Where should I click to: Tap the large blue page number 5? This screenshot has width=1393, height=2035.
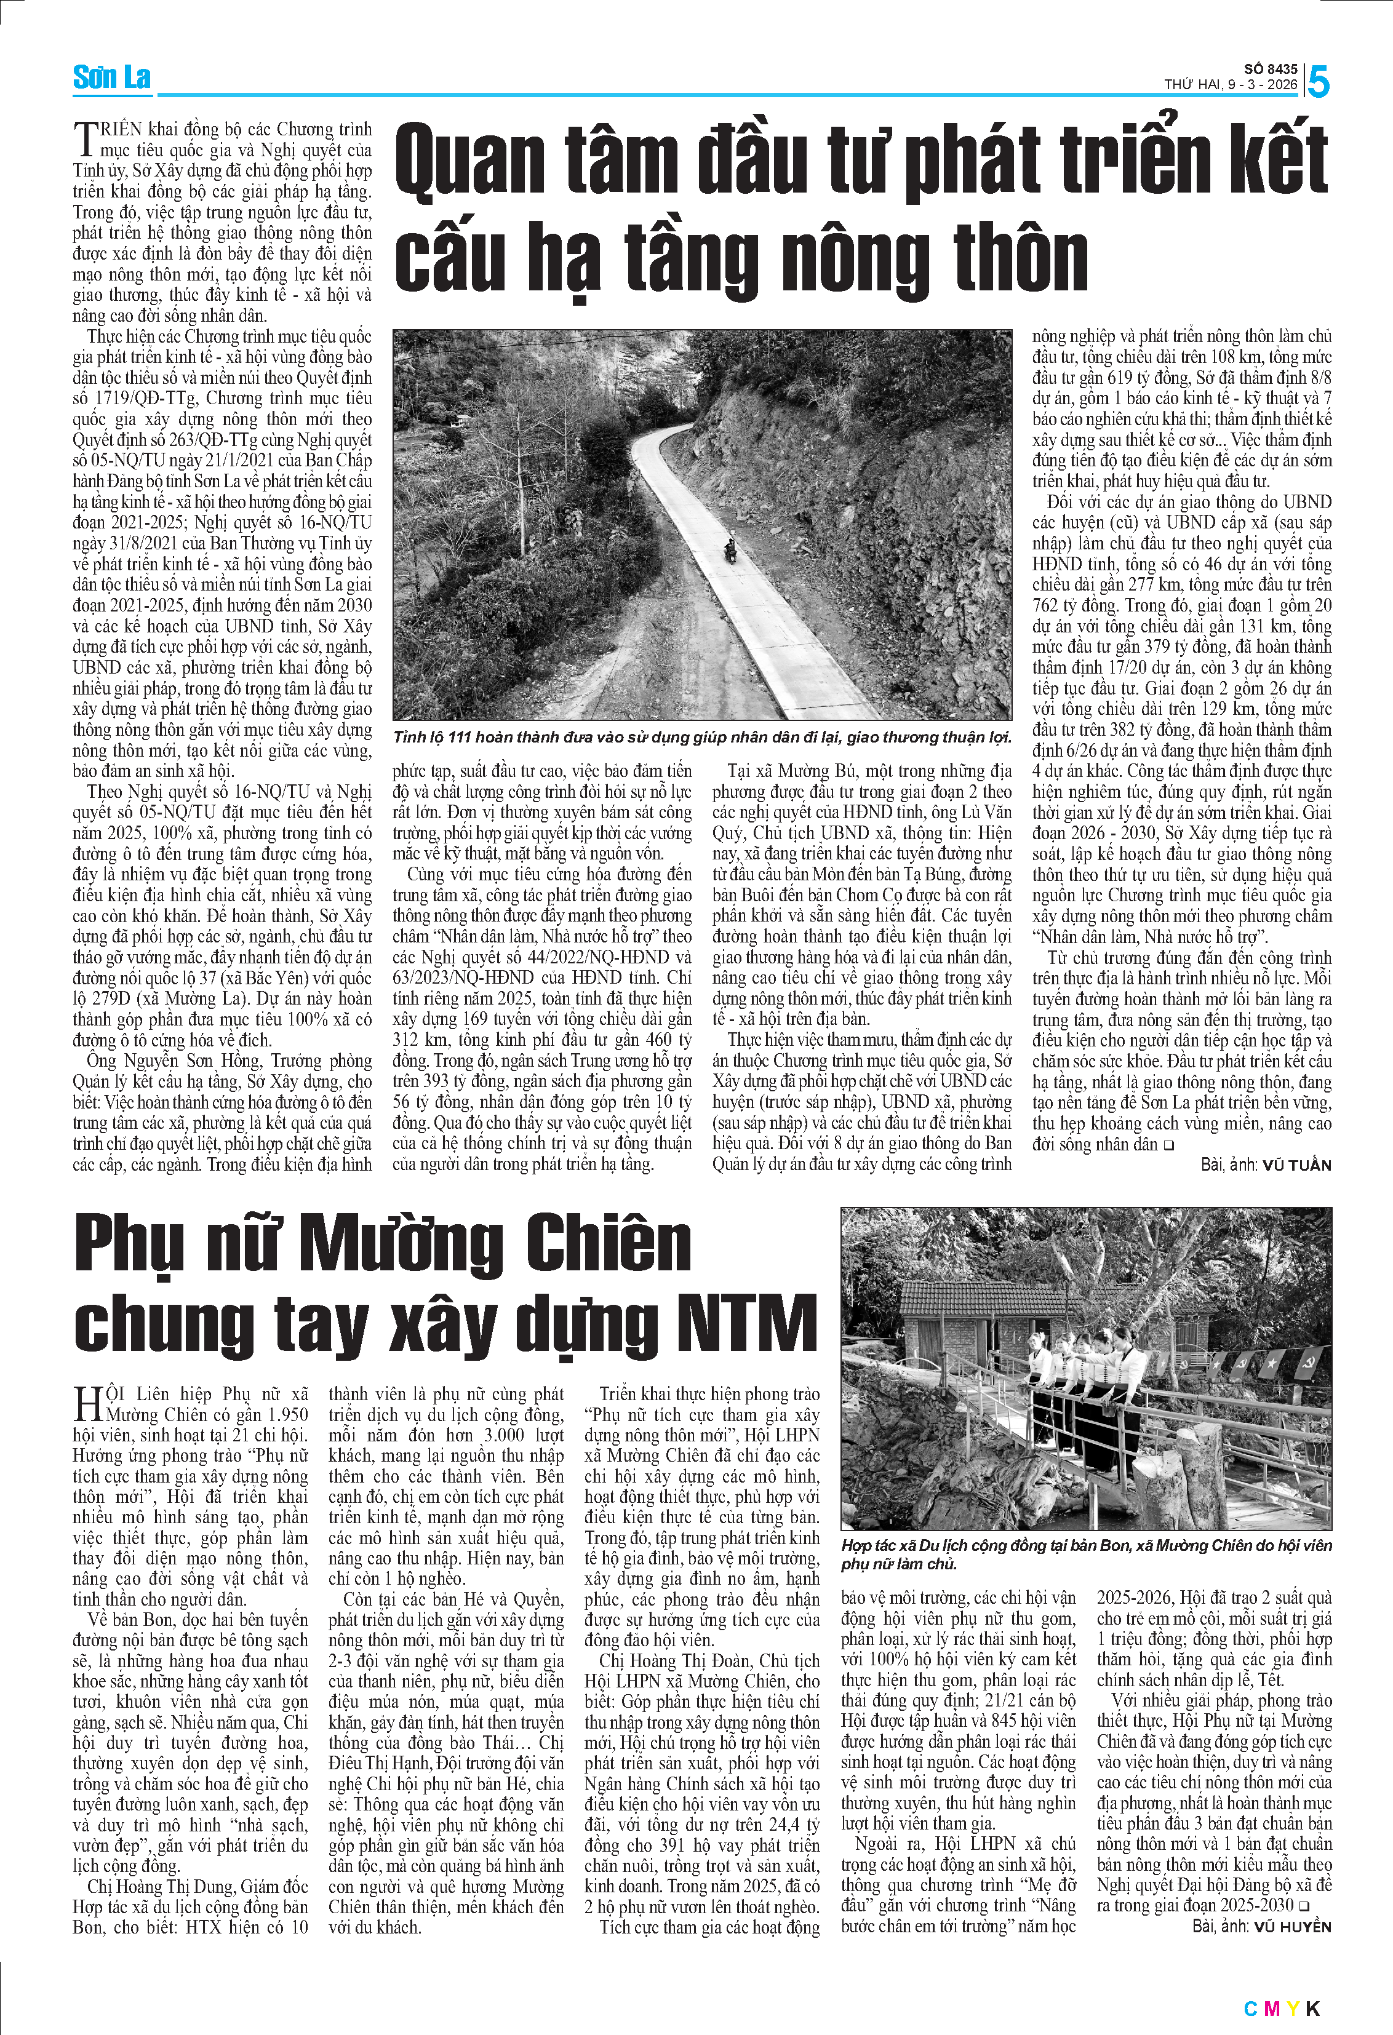[x=1318, y=81]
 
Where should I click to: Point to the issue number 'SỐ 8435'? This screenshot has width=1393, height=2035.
[x=1271, y=68]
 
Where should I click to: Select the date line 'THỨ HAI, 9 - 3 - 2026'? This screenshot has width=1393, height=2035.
[x=1230, y=85]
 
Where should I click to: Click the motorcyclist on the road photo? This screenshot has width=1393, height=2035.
[x=728, y=550]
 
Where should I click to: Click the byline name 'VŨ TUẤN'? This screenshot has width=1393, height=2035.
[x=1296, y=1166]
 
